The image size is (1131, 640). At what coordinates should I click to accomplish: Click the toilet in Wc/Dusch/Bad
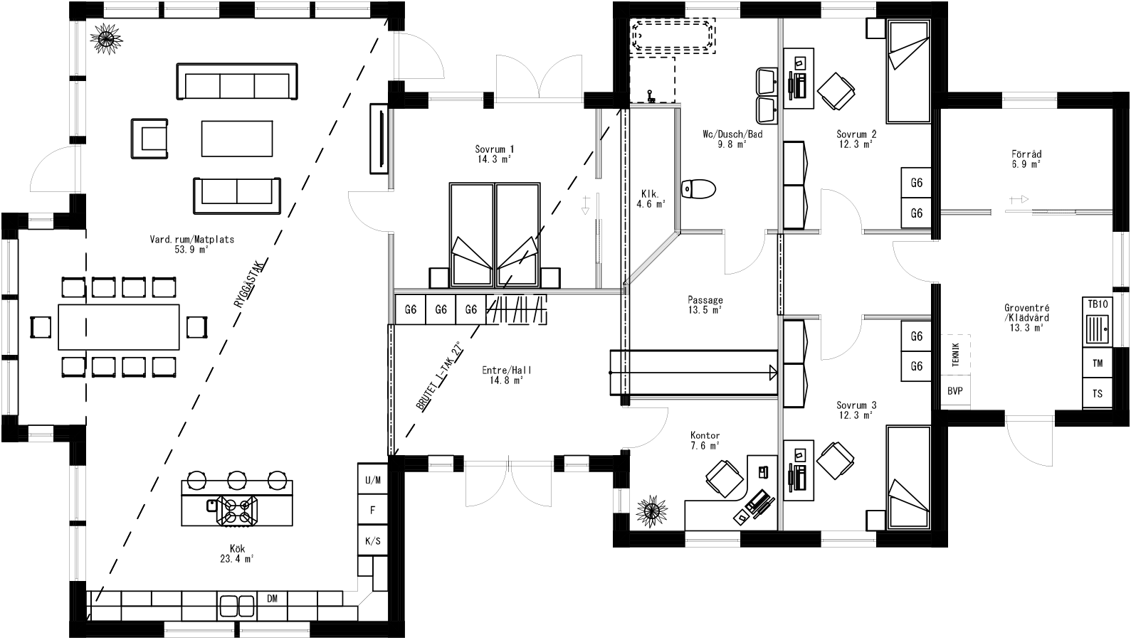(x=698, y=189)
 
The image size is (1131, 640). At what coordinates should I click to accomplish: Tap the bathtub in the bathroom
(x=673, y=36)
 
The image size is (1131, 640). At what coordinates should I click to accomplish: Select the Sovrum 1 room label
(x=495, y=149)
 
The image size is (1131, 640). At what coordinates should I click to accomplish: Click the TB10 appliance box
(x=1098, y=304)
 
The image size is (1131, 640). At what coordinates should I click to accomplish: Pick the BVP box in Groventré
(x=954, y=391)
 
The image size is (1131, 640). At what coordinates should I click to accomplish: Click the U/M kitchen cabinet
(x=372, y=480)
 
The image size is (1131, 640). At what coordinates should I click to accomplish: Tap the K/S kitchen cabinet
(x=372, y=541)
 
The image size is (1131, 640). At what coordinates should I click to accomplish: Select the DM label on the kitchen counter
(x=272, y=599)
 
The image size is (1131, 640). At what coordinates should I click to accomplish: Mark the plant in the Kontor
(x=651, y=511)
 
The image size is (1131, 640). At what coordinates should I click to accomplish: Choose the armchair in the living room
(x=152, y=139)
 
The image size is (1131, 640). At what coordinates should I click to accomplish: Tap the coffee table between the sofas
(x=236, y=139)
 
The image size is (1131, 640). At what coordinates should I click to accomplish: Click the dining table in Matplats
(x=119, y=326)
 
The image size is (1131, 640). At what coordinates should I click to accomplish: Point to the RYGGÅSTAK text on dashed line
(x=249, y=282)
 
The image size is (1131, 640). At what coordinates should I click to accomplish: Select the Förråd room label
(x=1026, y=154)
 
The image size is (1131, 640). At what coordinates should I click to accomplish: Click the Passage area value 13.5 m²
(x=705, y=310)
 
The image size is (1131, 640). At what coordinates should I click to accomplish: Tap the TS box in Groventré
(x=1098, y=393)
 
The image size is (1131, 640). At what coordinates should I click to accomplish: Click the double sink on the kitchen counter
(x=237, y=606)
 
